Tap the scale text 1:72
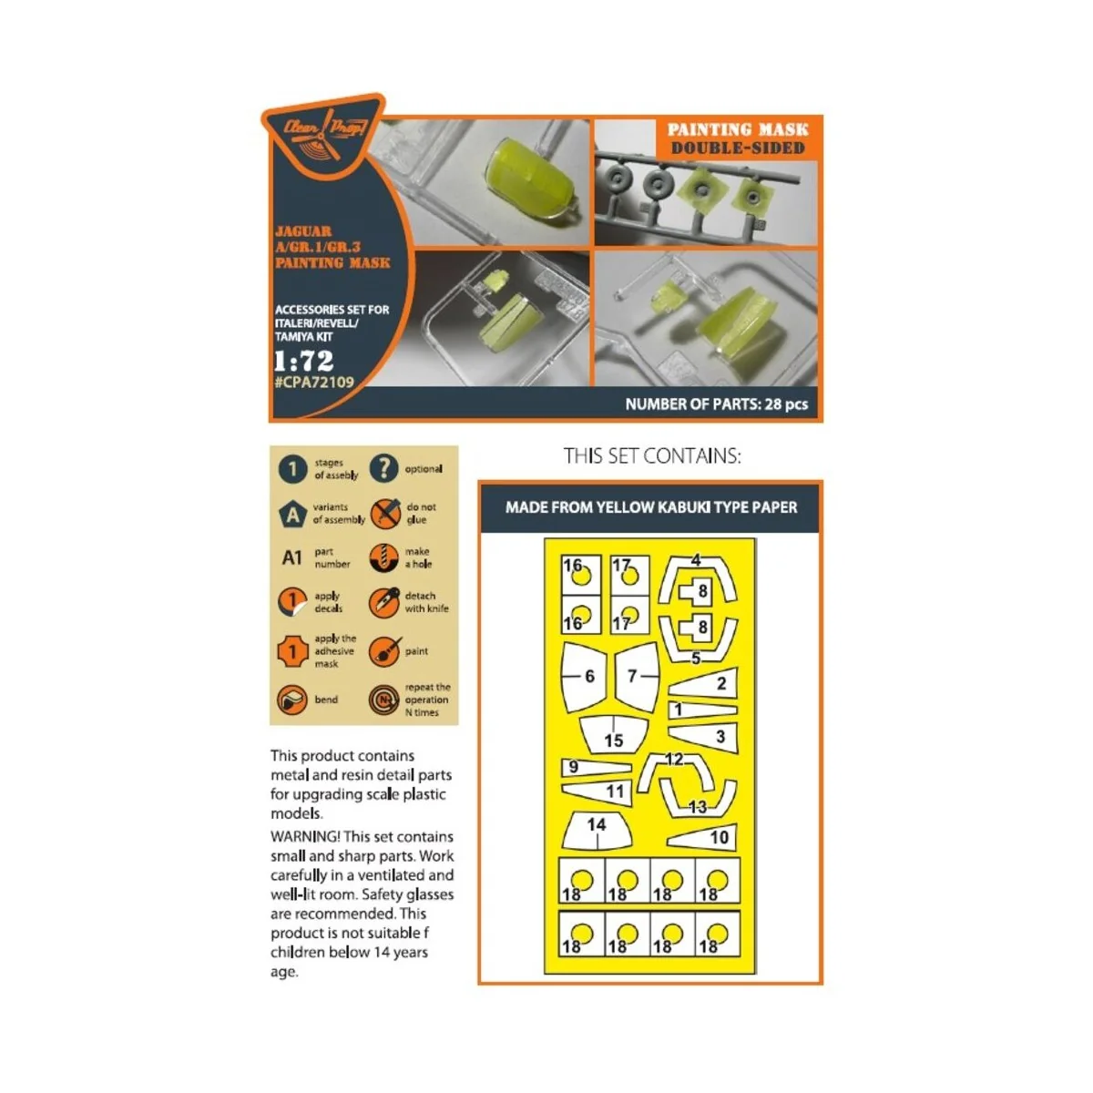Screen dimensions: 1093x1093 303,360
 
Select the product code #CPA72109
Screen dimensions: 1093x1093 313,383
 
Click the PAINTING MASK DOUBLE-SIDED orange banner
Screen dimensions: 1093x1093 738,138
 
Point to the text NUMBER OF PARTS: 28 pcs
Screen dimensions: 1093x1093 716,404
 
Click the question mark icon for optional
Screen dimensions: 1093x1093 383,468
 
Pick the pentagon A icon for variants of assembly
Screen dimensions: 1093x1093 292,514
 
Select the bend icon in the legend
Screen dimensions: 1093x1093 292,700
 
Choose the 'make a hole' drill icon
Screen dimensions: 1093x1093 384,557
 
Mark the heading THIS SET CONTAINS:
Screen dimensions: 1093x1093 652,455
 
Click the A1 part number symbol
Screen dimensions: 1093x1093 291,557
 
